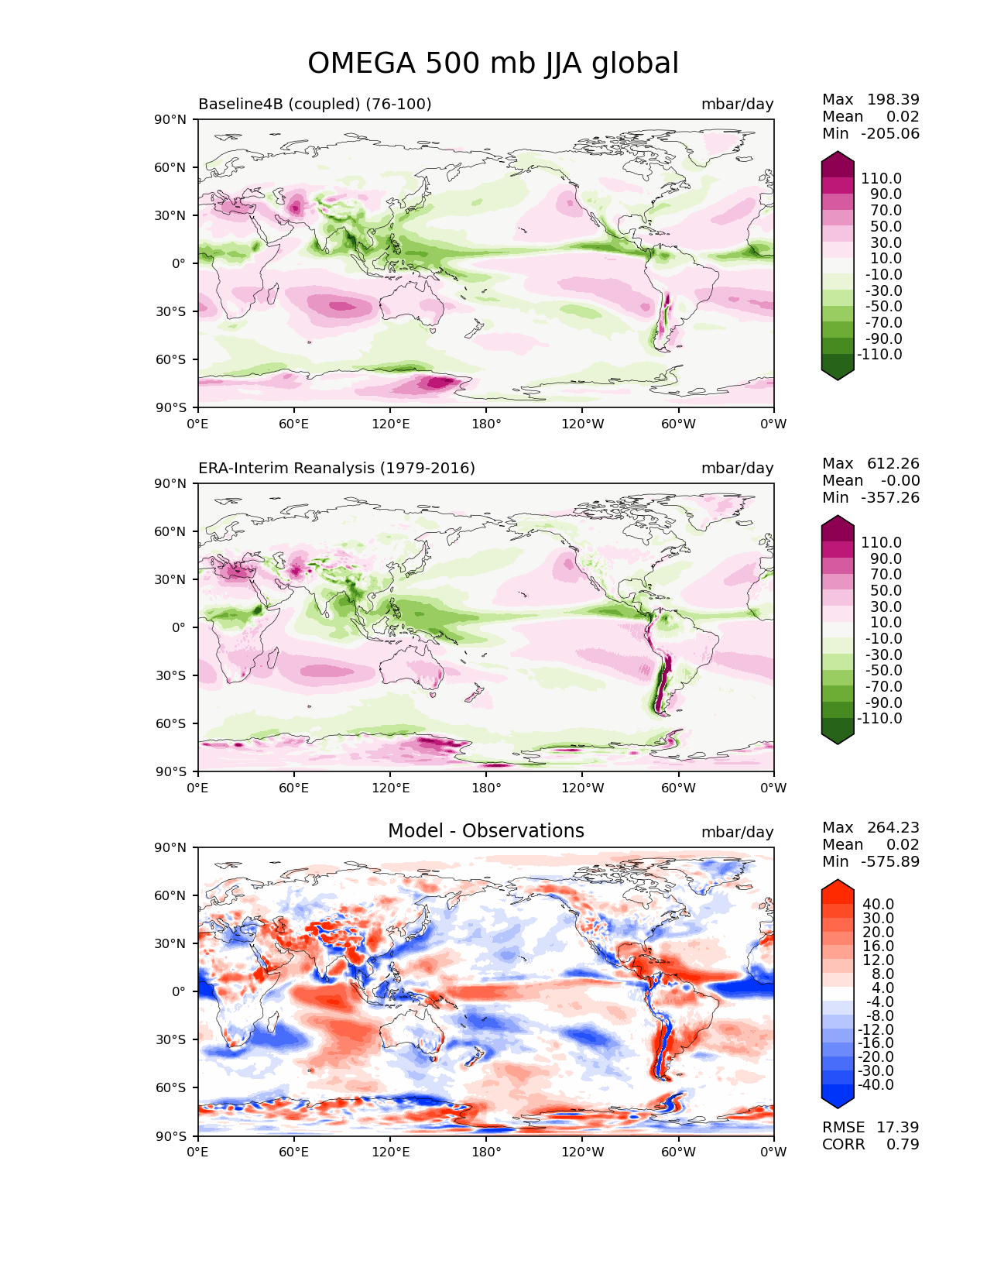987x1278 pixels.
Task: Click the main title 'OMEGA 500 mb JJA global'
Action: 492,64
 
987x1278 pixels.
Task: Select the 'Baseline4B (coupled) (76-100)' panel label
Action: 314,104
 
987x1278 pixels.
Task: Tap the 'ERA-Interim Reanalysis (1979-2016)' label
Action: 336,468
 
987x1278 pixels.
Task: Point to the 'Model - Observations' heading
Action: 485,831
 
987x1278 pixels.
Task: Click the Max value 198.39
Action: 893,99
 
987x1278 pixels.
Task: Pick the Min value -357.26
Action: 890,497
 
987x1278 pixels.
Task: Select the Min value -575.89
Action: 890,861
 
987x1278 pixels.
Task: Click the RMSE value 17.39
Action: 897,1128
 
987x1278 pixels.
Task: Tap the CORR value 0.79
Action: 903,1145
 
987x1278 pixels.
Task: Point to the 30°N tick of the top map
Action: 170,216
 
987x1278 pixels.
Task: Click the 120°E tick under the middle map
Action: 390,788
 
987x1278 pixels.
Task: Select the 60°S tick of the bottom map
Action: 170,1087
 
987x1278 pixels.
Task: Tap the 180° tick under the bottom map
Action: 486,1153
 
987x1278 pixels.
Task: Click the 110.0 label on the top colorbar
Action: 881,179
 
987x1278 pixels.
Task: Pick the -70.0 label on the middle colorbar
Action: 883,687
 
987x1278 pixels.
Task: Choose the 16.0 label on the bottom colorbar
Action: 879,946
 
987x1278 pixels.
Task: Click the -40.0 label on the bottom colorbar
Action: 876,1085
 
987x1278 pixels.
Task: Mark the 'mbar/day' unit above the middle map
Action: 737,468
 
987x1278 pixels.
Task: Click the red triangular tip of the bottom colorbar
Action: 837,888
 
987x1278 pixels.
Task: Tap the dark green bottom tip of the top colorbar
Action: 837,373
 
